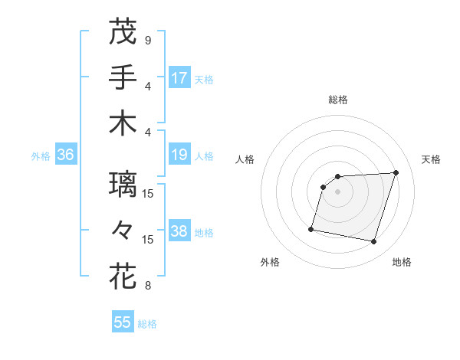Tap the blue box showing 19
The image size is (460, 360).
click(x=179, y=155)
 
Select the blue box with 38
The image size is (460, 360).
click(x=179, y=231)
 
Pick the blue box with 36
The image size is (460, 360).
click(x=66, y=155)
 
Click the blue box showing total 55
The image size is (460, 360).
click(x=123, y=322)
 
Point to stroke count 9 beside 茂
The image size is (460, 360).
click(x=148, y=40)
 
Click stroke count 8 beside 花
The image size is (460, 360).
click(x=148, y=286)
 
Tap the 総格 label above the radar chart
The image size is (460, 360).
click(x=338, y=100)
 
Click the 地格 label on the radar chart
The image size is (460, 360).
click(x=402, y=262)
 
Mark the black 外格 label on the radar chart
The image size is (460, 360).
click(x=270, y=262)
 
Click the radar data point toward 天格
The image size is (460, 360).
click(x=396, y=172)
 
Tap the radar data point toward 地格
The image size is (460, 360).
click(x=374, y=242)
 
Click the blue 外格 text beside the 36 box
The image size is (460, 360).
click(x=41, y=155)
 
